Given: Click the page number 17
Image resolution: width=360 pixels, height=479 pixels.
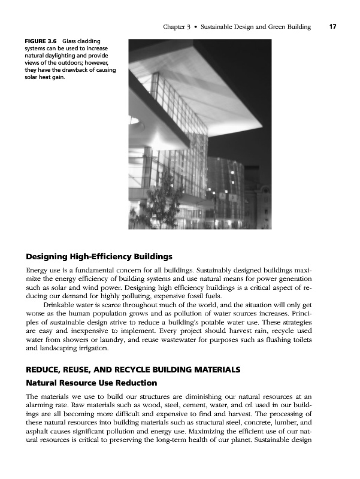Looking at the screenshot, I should point(331,27).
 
